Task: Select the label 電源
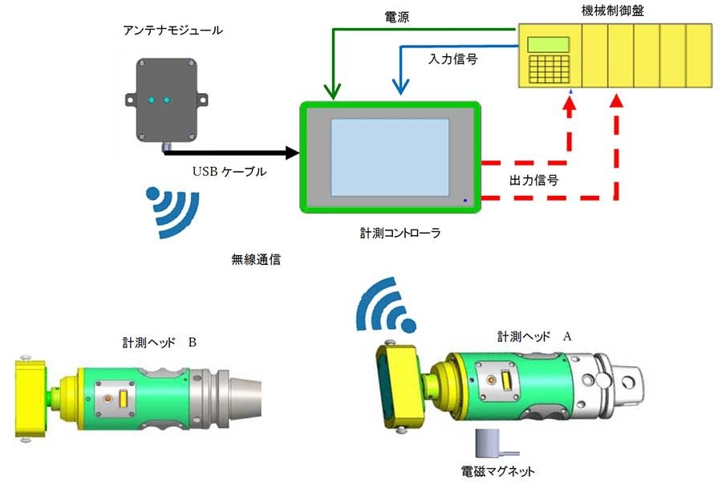coord(398,16)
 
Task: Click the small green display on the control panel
coord(549,44)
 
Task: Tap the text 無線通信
coord(256,260)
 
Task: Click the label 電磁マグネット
coord(493,471)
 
